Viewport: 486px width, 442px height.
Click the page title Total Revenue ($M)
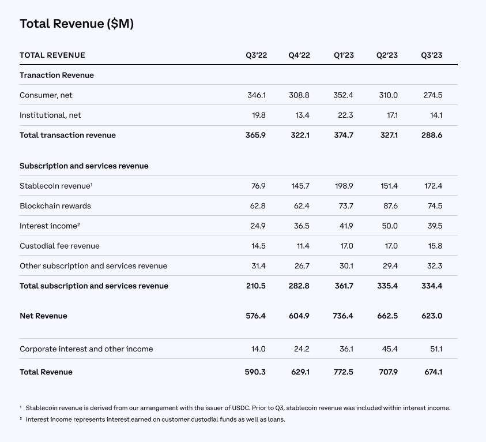click(x=77, y=24)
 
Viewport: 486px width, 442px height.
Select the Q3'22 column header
click(x=257, y=55)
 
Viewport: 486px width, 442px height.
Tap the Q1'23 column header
click(x=344, y=55)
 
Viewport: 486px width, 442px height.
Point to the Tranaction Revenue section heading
click(x=56, y=75)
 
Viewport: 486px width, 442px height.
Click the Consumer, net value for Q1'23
click(x=343, y=95)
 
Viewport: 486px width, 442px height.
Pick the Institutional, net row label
click(x=50, y=115)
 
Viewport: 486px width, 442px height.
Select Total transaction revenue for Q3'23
click(x=432, y=135)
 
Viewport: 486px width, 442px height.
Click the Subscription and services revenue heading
click(x=84, y=166)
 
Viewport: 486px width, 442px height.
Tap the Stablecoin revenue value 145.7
click(x=300, y=186)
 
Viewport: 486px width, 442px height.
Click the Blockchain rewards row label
click(x=55, y=206)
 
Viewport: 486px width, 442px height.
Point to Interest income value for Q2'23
click(x=390, y=226)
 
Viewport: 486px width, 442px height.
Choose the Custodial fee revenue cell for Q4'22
click(x=303, y=246)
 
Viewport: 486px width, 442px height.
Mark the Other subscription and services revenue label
click(x=93, y=266)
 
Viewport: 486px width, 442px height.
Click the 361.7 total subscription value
click(x=344, y=286)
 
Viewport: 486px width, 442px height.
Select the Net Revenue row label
click(x=43, y=316)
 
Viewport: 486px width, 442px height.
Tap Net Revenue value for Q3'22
click(x=256, y=316)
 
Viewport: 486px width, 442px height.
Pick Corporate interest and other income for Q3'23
click(x=436, y=349)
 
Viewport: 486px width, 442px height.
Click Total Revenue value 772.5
click(x=344, y=372)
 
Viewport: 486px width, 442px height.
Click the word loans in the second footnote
click(x=276, y=419)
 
